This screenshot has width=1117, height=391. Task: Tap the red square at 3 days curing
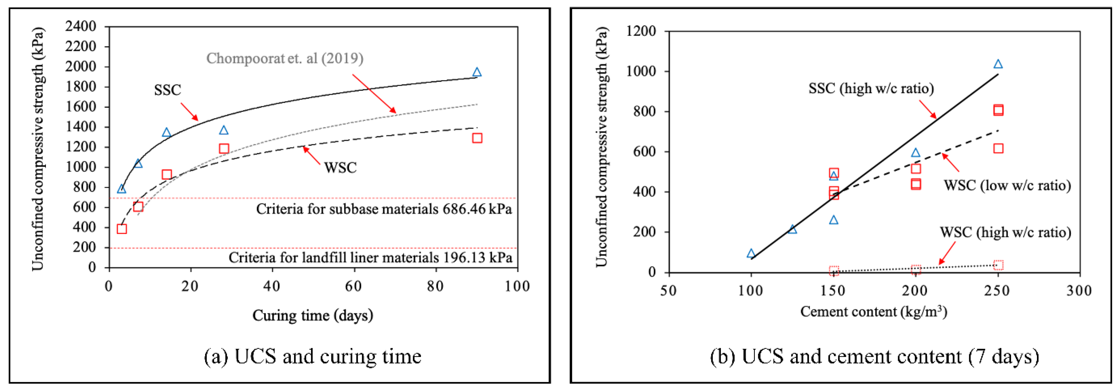(122, 229)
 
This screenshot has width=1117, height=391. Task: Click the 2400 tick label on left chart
(81, 26)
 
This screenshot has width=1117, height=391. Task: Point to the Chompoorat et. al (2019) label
(285, 58)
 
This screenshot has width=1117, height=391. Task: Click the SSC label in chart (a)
(167, 90)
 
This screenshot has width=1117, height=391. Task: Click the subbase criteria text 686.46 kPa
(384, 209)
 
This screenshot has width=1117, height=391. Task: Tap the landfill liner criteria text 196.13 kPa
(370, 257)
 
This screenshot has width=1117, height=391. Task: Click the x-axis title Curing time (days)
(313, 315)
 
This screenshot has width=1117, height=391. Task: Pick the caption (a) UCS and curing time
(313, 356)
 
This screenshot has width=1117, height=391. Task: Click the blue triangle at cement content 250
(998, 64)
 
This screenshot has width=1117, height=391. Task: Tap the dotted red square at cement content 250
(998, 265)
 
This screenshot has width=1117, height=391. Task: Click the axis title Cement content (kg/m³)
(873, 312)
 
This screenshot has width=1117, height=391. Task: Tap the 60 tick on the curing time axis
(354, 287)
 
